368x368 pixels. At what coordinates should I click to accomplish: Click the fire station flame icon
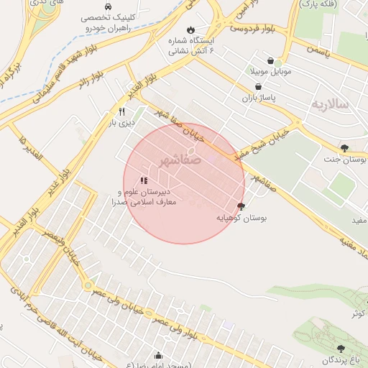190,29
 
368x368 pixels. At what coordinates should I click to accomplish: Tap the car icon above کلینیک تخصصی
108,5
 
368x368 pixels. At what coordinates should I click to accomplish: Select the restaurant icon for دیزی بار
121,111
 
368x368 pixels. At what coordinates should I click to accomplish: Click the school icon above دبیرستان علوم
144,180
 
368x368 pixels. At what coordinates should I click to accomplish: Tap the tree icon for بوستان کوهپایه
240,206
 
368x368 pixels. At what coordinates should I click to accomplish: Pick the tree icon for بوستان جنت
344,147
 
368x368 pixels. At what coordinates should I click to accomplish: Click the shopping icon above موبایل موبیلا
270,61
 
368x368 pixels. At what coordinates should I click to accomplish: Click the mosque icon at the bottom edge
159,354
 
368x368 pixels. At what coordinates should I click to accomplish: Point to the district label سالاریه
329,105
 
